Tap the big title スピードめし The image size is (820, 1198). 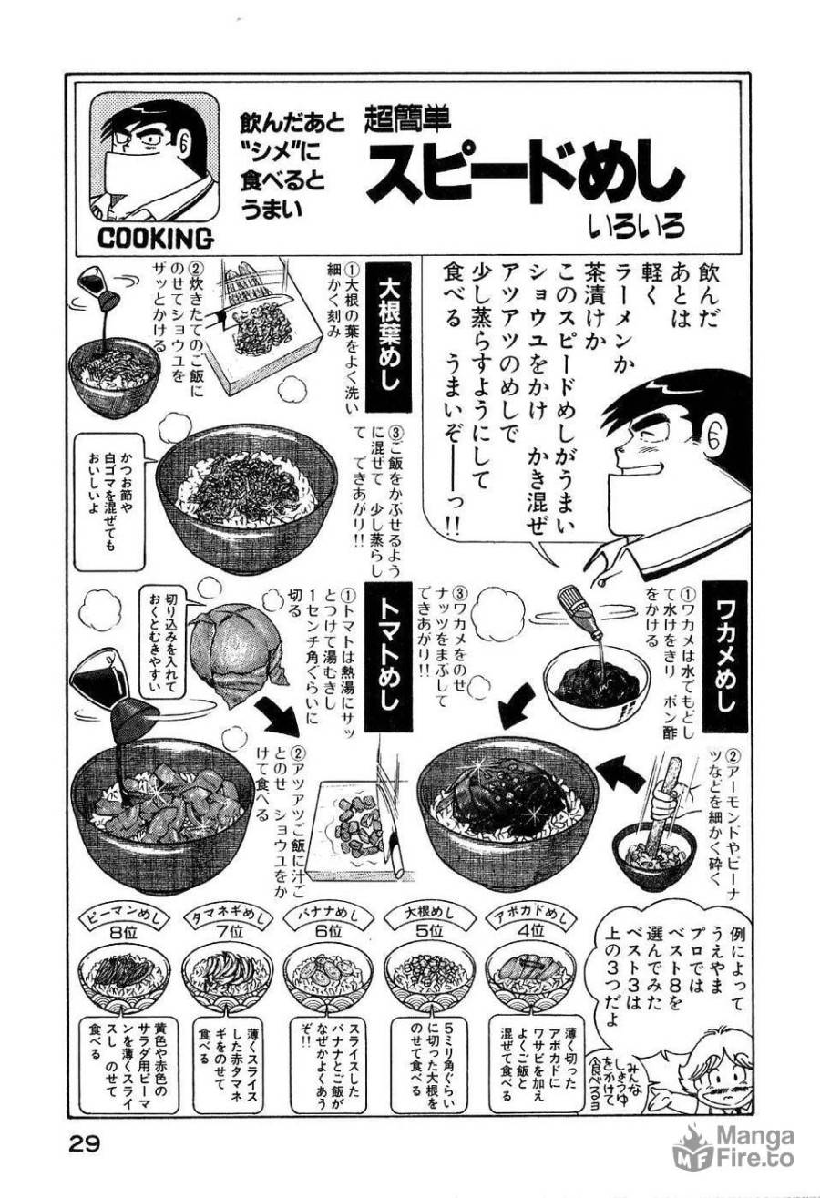point(526,175)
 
